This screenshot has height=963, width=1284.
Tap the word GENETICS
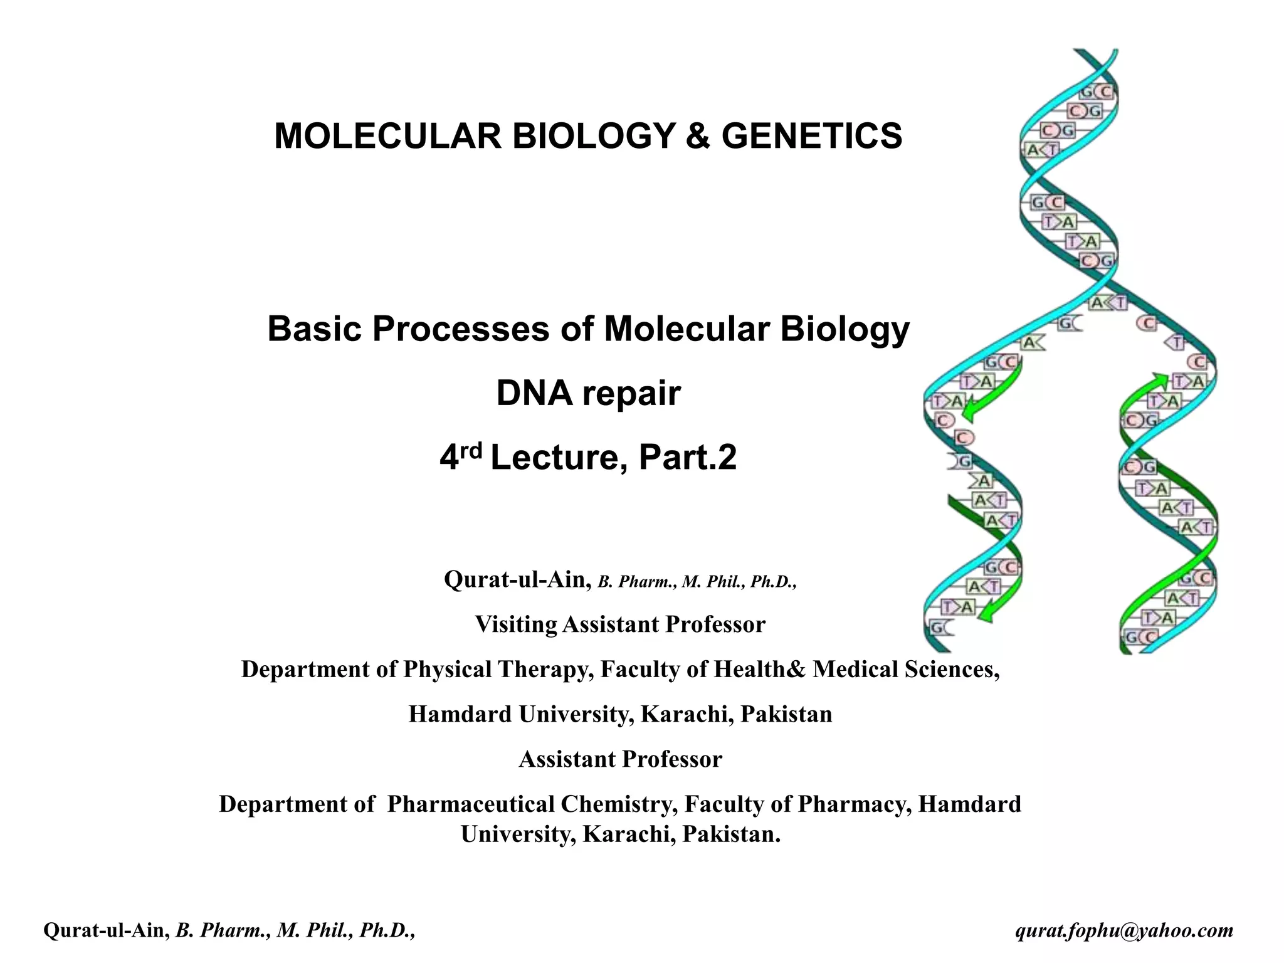coord(811,136)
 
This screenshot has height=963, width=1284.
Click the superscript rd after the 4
coord(471,449)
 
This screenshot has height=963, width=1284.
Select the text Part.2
coord(687,458)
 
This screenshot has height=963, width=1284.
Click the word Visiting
coord(515,624)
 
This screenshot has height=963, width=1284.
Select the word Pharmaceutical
coord(470,804)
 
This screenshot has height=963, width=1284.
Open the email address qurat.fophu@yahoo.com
coord(1124,930)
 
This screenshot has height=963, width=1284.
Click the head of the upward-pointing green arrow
coord(1160,379)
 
